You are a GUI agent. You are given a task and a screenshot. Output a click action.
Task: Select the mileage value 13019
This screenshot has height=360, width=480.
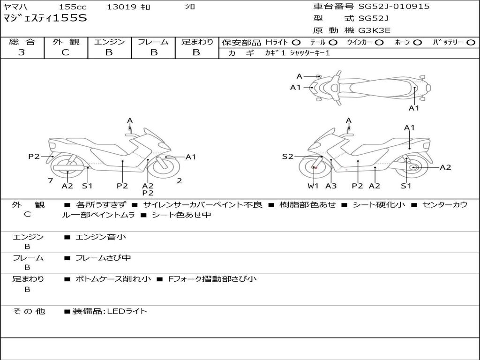121,7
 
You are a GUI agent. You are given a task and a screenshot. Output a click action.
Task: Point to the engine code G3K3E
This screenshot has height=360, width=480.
375,30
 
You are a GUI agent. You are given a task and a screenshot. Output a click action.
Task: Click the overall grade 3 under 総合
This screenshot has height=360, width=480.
22,52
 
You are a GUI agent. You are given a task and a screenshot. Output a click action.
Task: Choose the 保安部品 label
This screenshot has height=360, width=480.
241,42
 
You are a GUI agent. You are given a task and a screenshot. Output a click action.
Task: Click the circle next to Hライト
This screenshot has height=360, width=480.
296,42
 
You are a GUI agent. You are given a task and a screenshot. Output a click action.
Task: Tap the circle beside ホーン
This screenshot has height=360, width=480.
418,42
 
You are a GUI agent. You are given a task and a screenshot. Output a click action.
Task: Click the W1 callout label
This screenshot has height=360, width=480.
313,186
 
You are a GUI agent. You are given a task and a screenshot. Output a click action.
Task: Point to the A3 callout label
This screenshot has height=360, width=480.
331,186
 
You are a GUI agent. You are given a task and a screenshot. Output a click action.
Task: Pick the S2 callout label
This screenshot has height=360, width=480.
287,157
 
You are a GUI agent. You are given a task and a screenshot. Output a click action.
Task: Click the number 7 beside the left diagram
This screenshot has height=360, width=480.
50,180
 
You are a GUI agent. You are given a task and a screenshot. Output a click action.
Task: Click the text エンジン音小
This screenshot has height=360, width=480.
101,237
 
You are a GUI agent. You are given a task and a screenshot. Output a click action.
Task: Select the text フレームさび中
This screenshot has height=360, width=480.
103,258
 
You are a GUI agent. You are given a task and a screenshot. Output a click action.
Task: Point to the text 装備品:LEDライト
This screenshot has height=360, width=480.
109,311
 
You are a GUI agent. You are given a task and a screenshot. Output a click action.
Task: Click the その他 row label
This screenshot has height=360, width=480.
29,311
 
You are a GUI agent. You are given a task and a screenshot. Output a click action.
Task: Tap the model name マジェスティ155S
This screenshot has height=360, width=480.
45,19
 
